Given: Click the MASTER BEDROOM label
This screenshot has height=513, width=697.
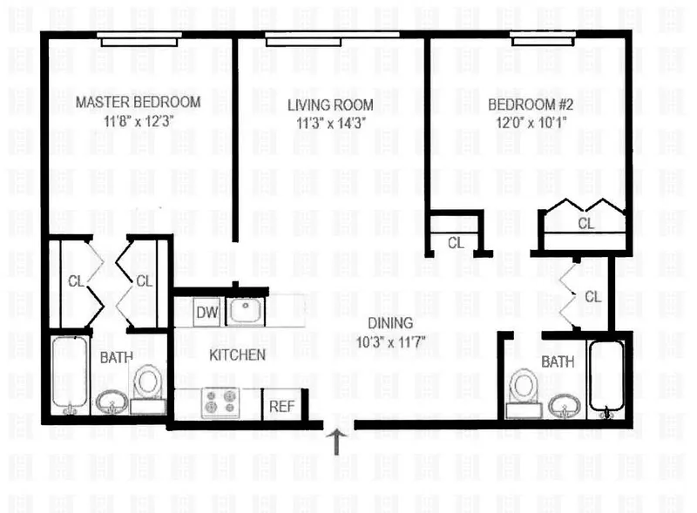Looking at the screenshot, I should [x=138, y=102].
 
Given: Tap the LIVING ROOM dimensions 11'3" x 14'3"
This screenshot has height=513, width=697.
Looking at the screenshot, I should [x=324, y=123].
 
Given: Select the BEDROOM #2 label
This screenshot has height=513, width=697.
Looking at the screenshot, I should [x=531, y=104].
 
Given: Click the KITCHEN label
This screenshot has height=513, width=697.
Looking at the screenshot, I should [x=237, y=354].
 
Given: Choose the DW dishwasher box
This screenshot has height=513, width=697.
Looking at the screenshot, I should [x=206, y=312].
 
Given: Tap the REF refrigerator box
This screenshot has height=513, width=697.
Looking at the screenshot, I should [x=281, y=405].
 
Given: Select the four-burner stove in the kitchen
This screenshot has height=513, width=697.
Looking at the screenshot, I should [x=220, y=402].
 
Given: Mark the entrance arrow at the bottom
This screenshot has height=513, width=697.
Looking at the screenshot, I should [x=337, y=439].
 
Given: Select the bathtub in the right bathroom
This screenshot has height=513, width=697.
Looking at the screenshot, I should [x=606, y=378].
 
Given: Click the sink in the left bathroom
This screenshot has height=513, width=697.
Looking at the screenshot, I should [x=111, y=402].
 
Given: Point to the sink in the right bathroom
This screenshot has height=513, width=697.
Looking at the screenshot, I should [x=564, y=405].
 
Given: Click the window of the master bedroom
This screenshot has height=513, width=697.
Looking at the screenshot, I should [x=139, y=38].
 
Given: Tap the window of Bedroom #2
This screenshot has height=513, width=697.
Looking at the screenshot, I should [x=542, y=39].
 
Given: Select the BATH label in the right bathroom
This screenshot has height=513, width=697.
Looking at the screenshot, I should [x=558, y=361].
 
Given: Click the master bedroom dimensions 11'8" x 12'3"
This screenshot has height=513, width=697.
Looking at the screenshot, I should [x=138, y=122].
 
